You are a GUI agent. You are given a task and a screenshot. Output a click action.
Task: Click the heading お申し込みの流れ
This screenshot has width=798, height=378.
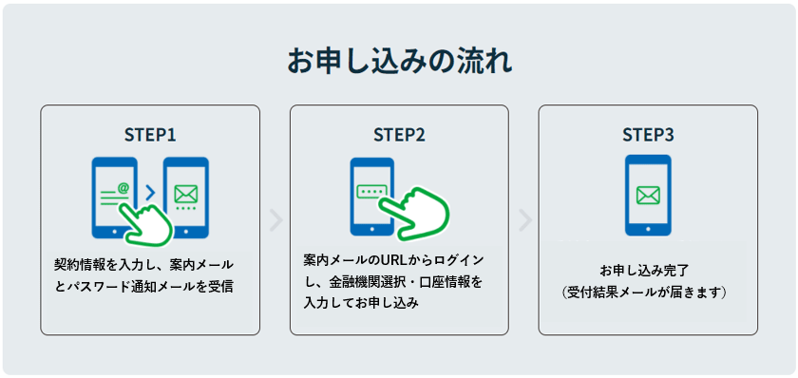[x=399, y=62]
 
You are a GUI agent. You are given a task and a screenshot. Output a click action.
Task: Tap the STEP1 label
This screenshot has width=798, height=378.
[x=150, y=134]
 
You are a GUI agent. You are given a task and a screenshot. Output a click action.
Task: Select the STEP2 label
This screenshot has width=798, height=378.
[x=399, y=134]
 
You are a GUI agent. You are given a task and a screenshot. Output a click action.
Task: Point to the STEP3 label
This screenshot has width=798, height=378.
[x=648, y=134]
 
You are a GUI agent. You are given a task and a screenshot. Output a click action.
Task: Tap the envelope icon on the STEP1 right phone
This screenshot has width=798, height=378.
[x=185, y=194]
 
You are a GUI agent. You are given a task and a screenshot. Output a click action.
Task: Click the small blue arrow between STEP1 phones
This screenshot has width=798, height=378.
[x=149, y=194]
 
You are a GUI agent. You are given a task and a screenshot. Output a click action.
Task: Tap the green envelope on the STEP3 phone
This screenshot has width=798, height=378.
[x=648, y=195]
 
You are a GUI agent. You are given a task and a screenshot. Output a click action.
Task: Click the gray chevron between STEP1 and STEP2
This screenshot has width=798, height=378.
[x=275, y=220]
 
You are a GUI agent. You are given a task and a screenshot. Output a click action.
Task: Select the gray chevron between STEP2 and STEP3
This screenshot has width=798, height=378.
[x=524, y=220]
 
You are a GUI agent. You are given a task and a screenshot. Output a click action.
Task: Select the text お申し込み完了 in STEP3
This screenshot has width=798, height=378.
[x=648, y=270]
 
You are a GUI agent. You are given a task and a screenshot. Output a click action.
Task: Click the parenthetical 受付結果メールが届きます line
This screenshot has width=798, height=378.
[x=648, y=292]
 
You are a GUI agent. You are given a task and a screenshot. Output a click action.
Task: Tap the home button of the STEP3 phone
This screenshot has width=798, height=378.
[x=648, y=229]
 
